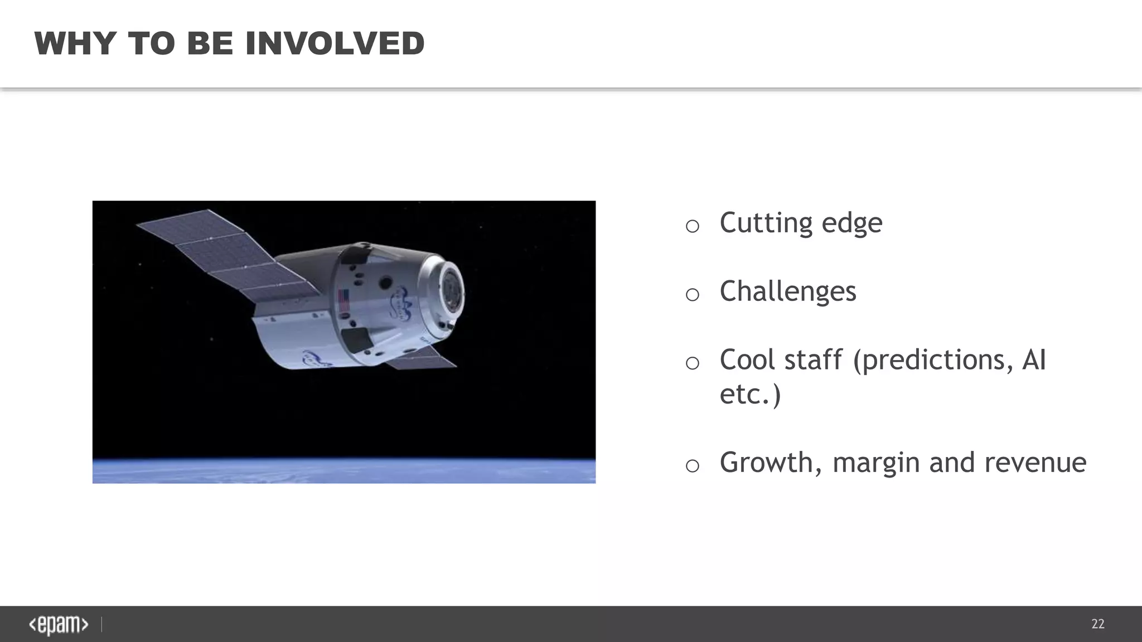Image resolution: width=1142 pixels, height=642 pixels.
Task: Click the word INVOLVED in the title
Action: coord(335,43)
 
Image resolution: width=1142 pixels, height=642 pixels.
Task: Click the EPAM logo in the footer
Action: coord(59,625)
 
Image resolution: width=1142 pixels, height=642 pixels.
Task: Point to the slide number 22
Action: coord(1097,624)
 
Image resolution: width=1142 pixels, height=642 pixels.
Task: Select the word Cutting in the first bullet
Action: coord(766,223)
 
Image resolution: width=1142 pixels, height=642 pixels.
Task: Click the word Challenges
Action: coord(787,291)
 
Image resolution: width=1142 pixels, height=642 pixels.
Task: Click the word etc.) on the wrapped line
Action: coord(750,395)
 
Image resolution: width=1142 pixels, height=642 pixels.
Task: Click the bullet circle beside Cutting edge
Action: coord(692,226)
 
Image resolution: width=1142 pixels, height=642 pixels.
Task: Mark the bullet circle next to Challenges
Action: coord(692,294)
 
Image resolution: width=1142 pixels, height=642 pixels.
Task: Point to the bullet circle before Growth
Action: coord(692,465)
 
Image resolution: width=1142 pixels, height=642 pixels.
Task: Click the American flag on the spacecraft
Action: coord(344,301)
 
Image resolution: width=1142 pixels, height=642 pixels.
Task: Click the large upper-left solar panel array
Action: coord(223,256)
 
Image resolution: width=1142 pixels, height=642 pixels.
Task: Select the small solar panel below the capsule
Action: coord(421,357)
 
